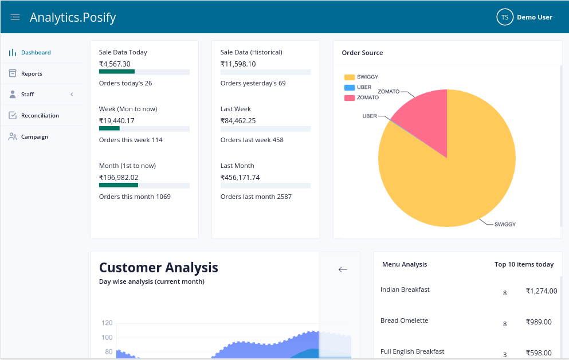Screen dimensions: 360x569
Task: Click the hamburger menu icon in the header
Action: [15, 17]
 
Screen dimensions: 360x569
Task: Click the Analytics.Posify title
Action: [73, 17]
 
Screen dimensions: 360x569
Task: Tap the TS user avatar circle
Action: [505, 17]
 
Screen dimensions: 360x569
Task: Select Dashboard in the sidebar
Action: [36, 53]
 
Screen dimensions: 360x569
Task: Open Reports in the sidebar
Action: [32, 74]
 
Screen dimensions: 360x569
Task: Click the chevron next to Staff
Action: [72, 95]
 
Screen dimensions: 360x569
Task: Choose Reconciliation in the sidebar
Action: [40, 116]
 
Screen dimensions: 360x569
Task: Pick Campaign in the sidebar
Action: [34, 137]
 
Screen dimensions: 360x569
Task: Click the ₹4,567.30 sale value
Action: [115, 64]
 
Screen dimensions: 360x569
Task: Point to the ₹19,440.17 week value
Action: [117, 121]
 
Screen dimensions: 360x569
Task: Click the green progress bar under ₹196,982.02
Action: [119, 185]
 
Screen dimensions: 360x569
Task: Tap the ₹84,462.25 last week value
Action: [238, 121]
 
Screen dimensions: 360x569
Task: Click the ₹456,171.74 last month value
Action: [240, 178]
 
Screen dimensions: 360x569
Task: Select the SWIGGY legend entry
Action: [367, 77]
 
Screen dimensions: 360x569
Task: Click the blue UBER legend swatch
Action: [350, 88]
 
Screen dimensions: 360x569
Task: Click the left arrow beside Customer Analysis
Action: [343, 269]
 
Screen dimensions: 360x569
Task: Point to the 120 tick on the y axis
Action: [107, 323]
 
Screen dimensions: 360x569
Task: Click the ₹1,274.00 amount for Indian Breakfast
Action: [541, 291]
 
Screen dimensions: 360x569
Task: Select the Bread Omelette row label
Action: [404, 320]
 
